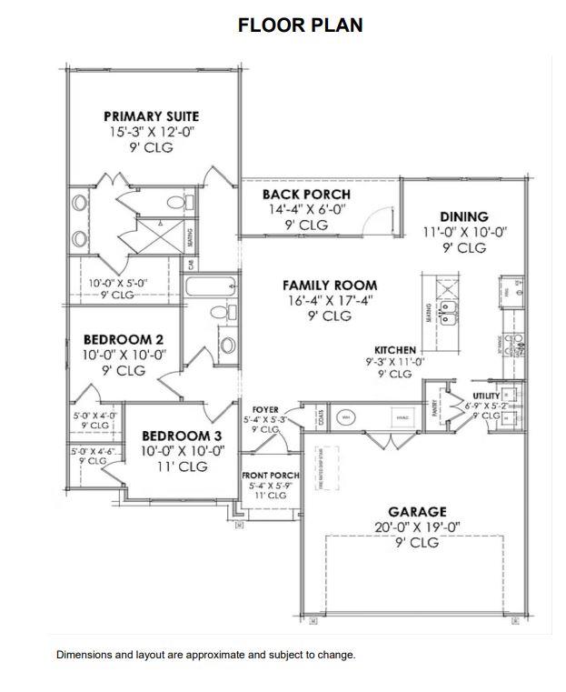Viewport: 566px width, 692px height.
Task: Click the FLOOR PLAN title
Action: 300,25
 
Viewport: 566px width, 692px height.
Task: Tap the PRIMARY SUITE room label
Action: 151,116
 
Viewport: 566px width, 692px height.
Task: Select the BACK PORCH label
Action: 306,195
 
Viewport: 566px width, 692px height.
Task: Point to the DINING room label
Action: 464,216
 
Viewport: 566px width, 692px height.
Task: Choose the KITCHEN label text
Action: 395,349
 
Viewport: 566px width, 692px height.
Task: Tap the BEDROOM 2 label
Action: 117,340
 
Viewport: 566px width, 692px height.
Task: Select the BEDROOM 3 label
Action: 175,435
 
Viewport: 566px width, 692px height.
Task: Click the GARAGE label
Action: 417,512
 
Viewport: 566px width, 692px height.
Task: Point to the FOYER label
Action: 265,410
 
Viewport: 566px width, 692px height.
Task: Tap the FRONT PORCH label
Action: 270,476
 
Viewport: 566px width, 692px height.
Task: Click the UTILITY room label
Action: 487,396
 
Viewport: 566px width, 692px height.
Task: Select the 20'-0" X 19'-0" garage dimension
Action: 417,527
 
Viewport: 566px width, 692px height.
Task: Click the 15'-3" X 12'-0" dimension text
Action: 151,132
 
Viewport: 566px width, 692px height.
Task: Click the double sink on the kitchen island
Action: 447,314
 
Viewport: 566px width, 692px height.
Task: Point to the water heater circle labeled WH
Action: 346,416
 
